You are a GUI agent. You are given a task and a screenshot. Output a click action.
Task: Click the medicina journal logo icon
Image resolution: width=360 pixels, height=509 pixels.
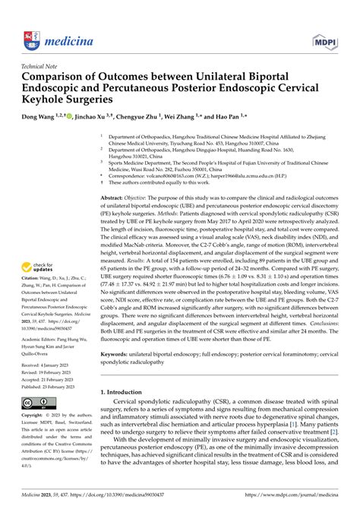point(31,17)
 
